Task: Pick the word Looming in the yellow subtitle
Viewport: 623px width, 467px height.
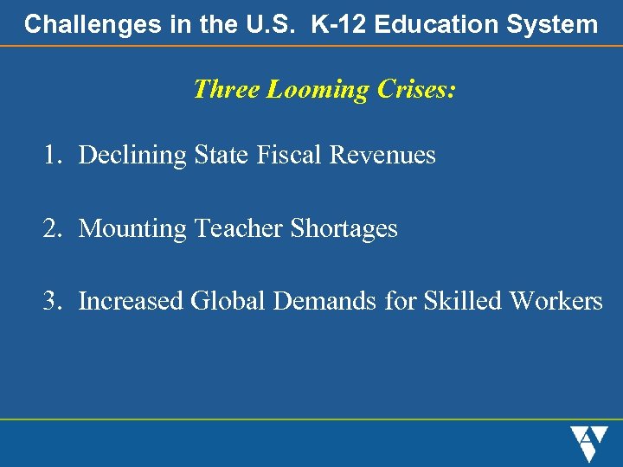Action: click(318, 89)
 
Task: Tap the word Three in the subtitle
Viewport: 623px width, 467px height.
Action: click(227, 89)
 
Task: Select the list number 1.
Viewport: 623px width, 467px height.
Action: click(54, 156)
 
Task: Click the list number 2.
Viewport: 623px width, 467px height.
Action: click(54, 229)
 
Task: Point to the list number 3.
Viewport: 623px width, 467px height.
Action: click(54, 302)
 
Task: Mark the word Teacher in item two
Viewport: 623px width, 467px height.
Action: click(240, 229)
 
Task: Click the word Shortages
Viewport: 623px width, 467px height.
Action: click(344, 229)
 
